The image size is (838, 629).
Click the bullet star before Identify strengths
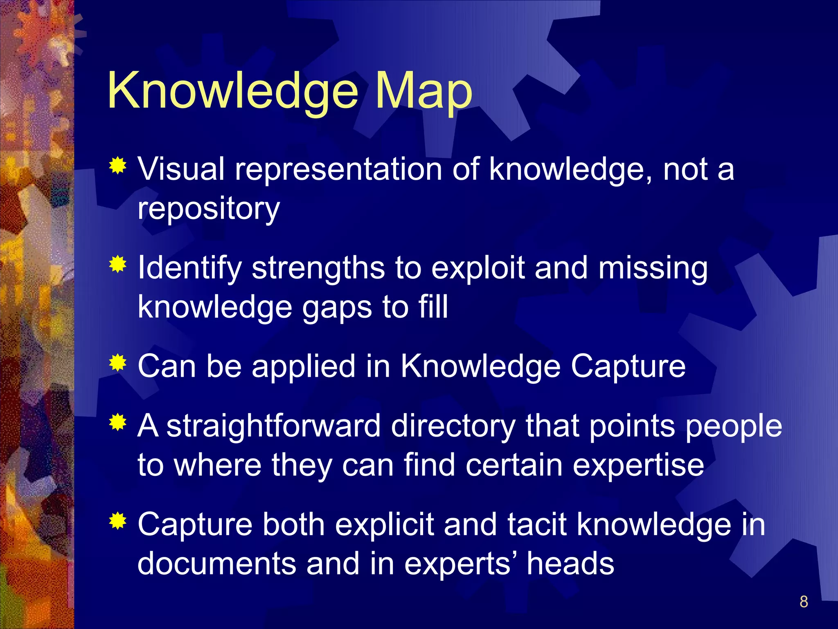pyautogui.click(x=118, y=265)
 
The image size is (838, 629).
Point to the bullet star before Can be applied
pyautogui.click(x=118, y=363)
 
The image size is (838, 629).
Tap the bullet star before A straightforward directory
pyautogui.click(x=118, y=423)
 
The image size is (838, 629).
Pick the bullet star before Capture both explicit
pyautogui.click(x=118, y=521)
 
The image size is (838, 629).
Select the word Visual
pyautogui.click(x=181, y=169)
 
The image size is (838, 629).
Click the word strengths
pyautogui.click(x=318, y=268)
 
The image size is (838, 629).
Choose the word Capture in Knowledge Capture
pyautogui.click(x=628, y=366)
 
